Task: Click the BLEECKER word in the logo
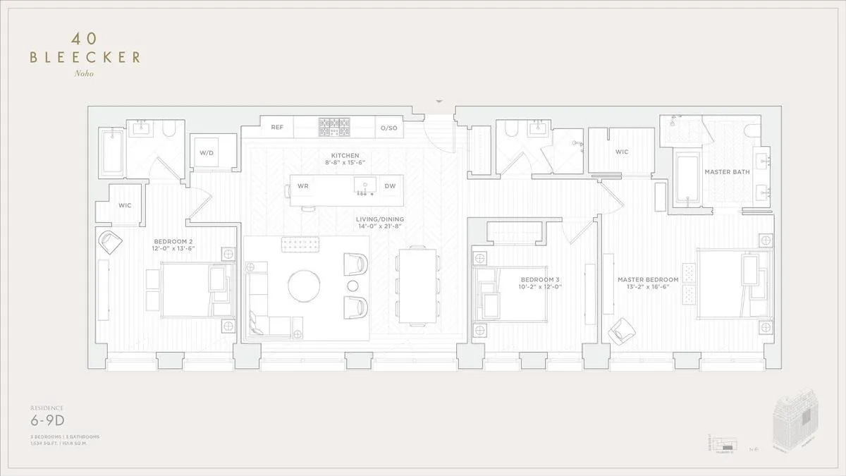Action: point(85,58)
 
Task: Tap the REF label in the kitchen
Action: point(277,128)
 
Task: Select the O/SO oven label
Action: point(388,128)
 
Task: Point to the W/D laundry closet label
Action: point(206,152)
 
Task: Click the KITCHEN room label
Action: point(345,155)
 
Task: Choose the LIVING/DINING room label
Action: point(379,219)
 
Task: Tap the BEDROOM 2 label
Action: point(173,241)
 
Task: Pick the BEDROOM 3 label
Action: point(540,279)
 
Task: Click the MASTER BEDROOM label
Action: point(648,280)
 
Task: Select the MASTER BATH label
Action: point(727,172)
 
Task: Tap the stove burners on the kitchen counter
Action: point(334,127)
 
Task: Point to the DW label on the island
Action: point(390,186)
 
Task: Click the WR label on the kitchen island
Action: point(303,186)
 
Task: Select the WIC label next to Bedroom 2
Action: point(125,205)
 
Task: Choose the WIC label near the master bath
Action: point(622,152)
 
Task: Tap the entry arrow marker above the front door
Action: point(440,102)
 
